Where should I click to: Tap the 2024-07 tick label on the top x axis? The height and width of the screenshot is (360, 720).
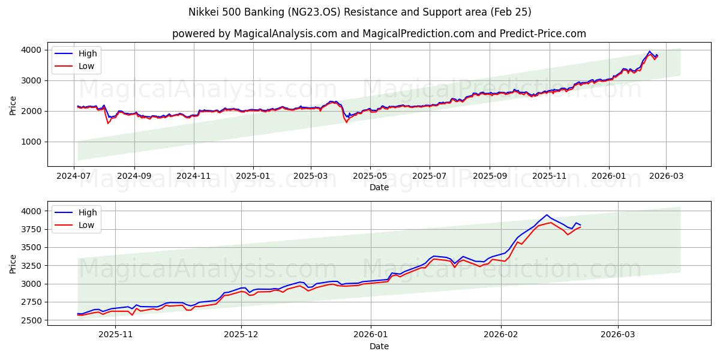pos(74,176)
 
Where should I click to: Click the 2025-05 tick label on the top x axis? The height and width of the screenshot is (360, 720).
pos(370,176)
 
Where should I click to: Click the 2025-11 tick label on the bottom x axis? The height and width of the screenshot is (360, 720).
pos(115,335)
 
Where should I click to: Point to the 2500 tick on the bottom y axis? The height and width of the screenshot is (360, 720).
pos(32,320)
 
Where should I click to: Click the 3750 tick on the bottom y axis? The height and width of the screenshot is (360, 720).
pos(32,229)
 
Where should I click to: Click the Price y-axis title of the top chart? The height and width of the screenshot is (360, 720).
pos(13,104)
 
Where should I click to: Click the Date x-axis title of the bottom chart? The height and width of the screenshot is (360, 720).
pos(379,346)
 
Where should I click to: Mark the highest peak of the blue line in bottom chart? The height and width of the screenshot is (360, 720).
pos(547,215)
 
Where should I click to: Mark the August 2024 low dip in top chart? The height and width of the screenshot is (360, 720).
pos(108,123)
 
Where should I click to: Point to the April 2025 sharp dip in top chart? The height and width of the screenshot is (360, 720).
pos(346,122)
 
